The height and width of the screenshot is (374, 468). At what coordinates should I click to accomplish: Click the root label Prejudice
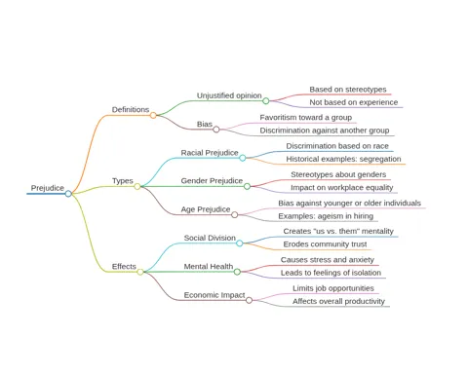coord(48,188)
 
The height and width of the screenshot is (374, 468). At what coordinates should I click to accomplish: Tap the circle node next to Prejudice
coord(68,194)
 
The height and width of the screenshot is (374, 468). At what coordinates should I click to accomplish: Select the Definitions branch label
coord(131,110)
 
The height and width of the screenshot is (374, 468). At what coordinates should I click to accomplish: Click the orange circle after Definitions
coord(153,115)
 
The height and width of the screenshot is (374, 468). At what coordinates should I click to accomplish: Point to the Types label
coord(123,181)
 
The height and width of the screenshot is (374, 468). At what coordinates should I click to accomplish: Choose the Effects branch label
coord(124,267)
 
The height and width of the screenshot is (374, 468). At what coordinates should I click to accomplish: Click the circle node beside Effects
coord(140,272)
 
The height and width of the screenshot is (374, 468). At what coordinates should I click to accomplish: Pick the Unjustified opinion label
coord(229,95)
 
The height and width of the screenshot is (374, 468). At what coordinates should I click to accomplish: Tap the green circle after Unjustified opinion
coord(266,101)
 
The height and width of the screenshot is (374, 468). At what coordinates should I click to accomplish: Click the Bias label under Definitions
coord(205,124)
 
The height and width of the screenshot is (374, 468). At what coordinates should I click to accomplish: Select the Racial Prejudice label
coord(210,153)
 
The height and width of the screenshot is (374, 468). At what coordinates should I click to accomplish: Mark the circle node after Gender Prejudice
coord(247,186)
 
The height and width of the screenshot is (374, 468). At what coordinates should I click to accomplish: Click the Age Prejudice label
coord(206,209)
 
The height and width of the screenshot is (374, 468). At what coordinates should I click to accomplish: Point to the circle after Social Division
coord(240,243)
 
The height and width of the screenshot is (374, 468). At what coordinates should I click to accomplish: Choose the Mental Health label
coord(209,267)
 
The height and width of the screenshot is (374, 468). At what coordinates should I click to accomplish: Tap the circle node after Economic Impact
coord(249,300)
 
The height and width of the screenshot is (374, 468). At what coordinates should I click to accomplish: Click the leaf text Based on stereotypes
coord(348,90)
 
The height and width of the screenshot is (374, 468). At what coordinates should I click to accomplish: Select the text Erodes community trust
coord(325,244)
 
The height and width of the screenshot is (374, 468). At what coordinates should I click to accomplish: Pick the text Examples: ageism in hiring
coord(326,216)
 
